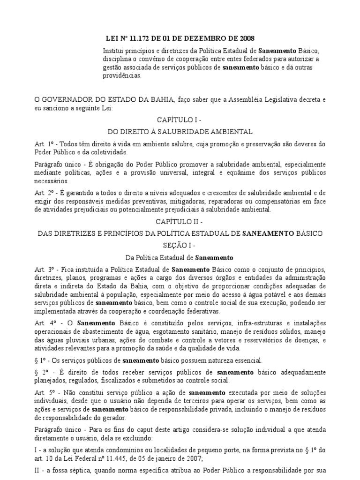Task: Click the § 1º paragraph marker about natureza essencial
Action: pos(42,360)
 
